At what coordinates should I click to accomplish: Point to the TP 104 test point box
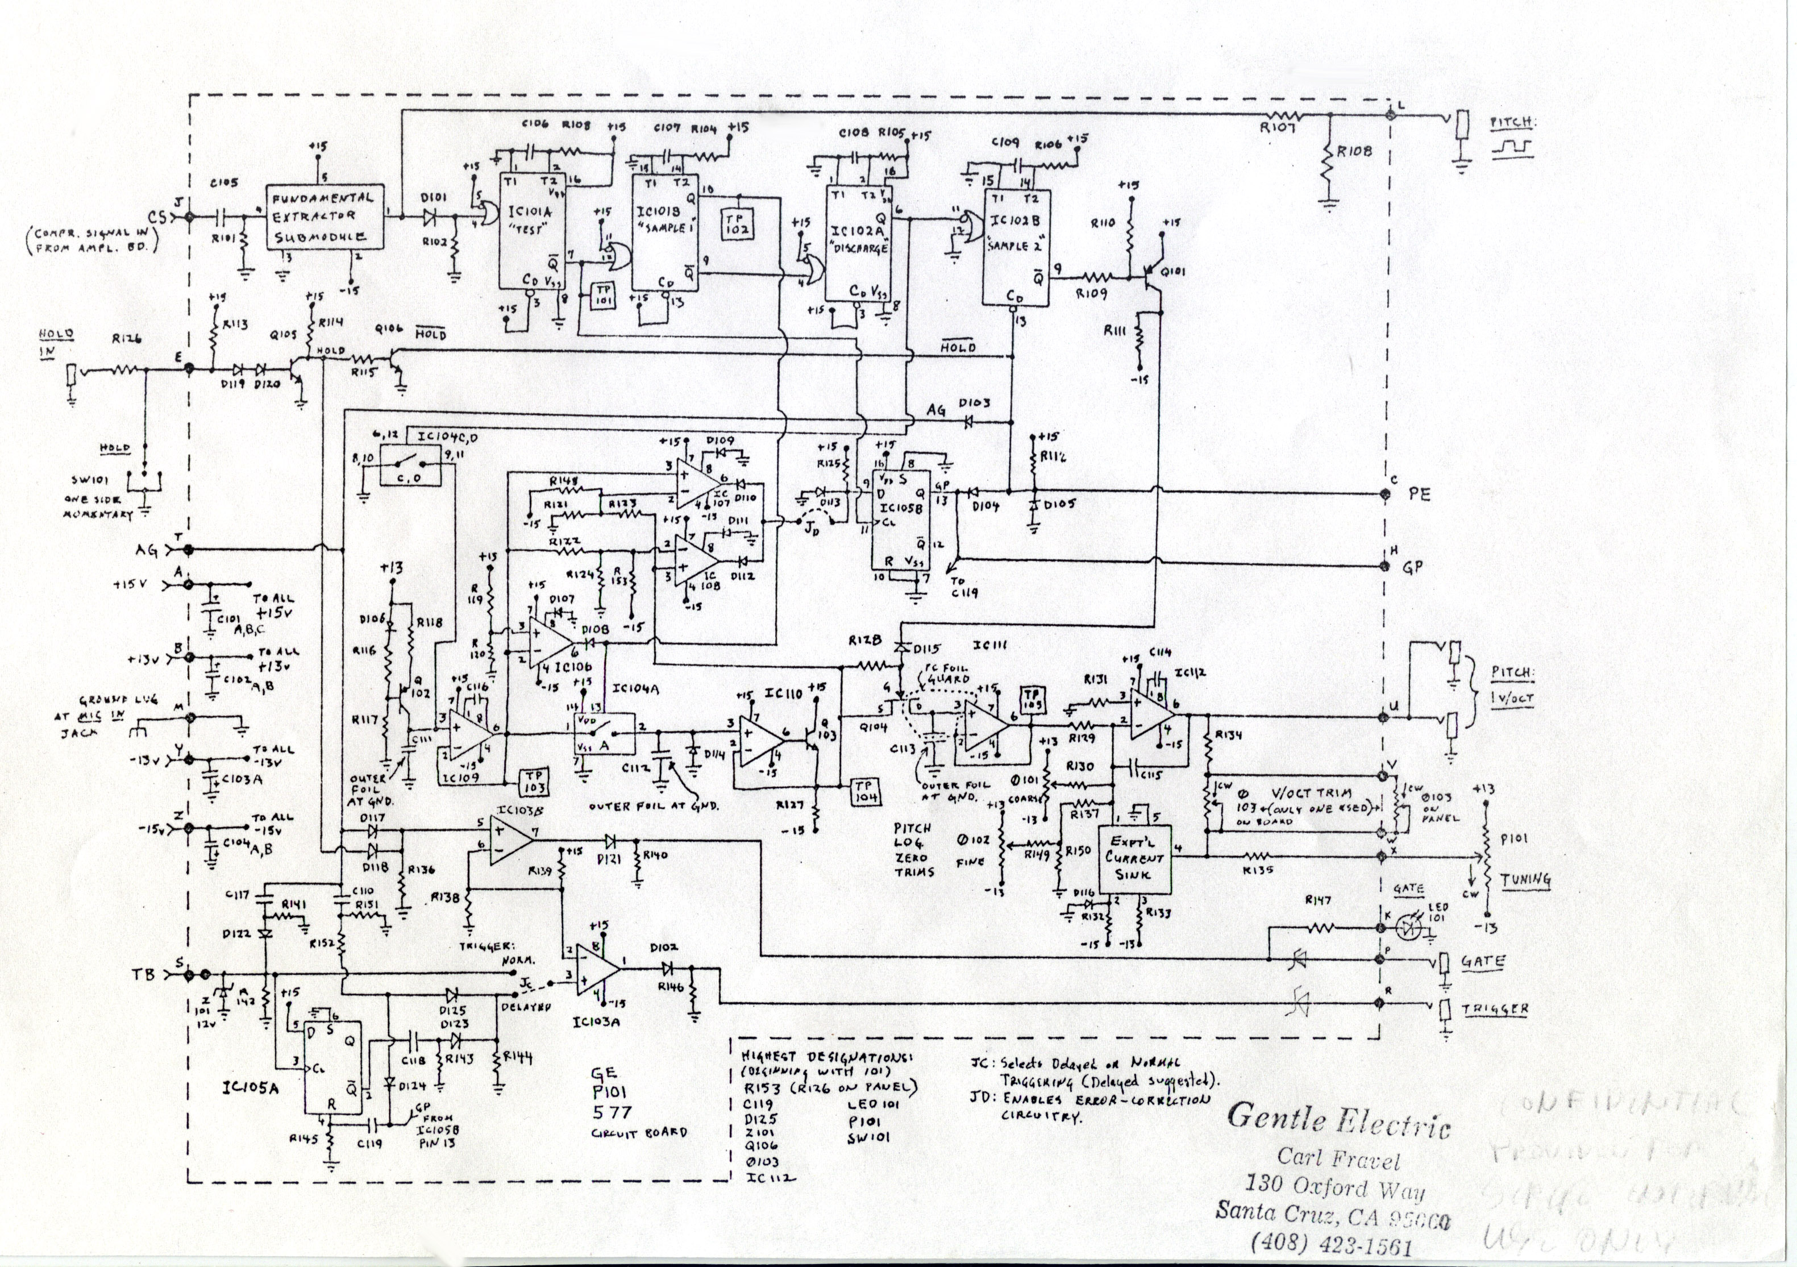click(865, 791)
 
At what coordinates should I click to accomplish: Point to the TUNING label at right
click(1525, 879)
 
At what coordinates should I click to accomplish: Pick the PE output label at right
click(1420, 495)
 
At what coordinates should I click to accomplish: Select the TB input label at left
click(147, 975)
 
